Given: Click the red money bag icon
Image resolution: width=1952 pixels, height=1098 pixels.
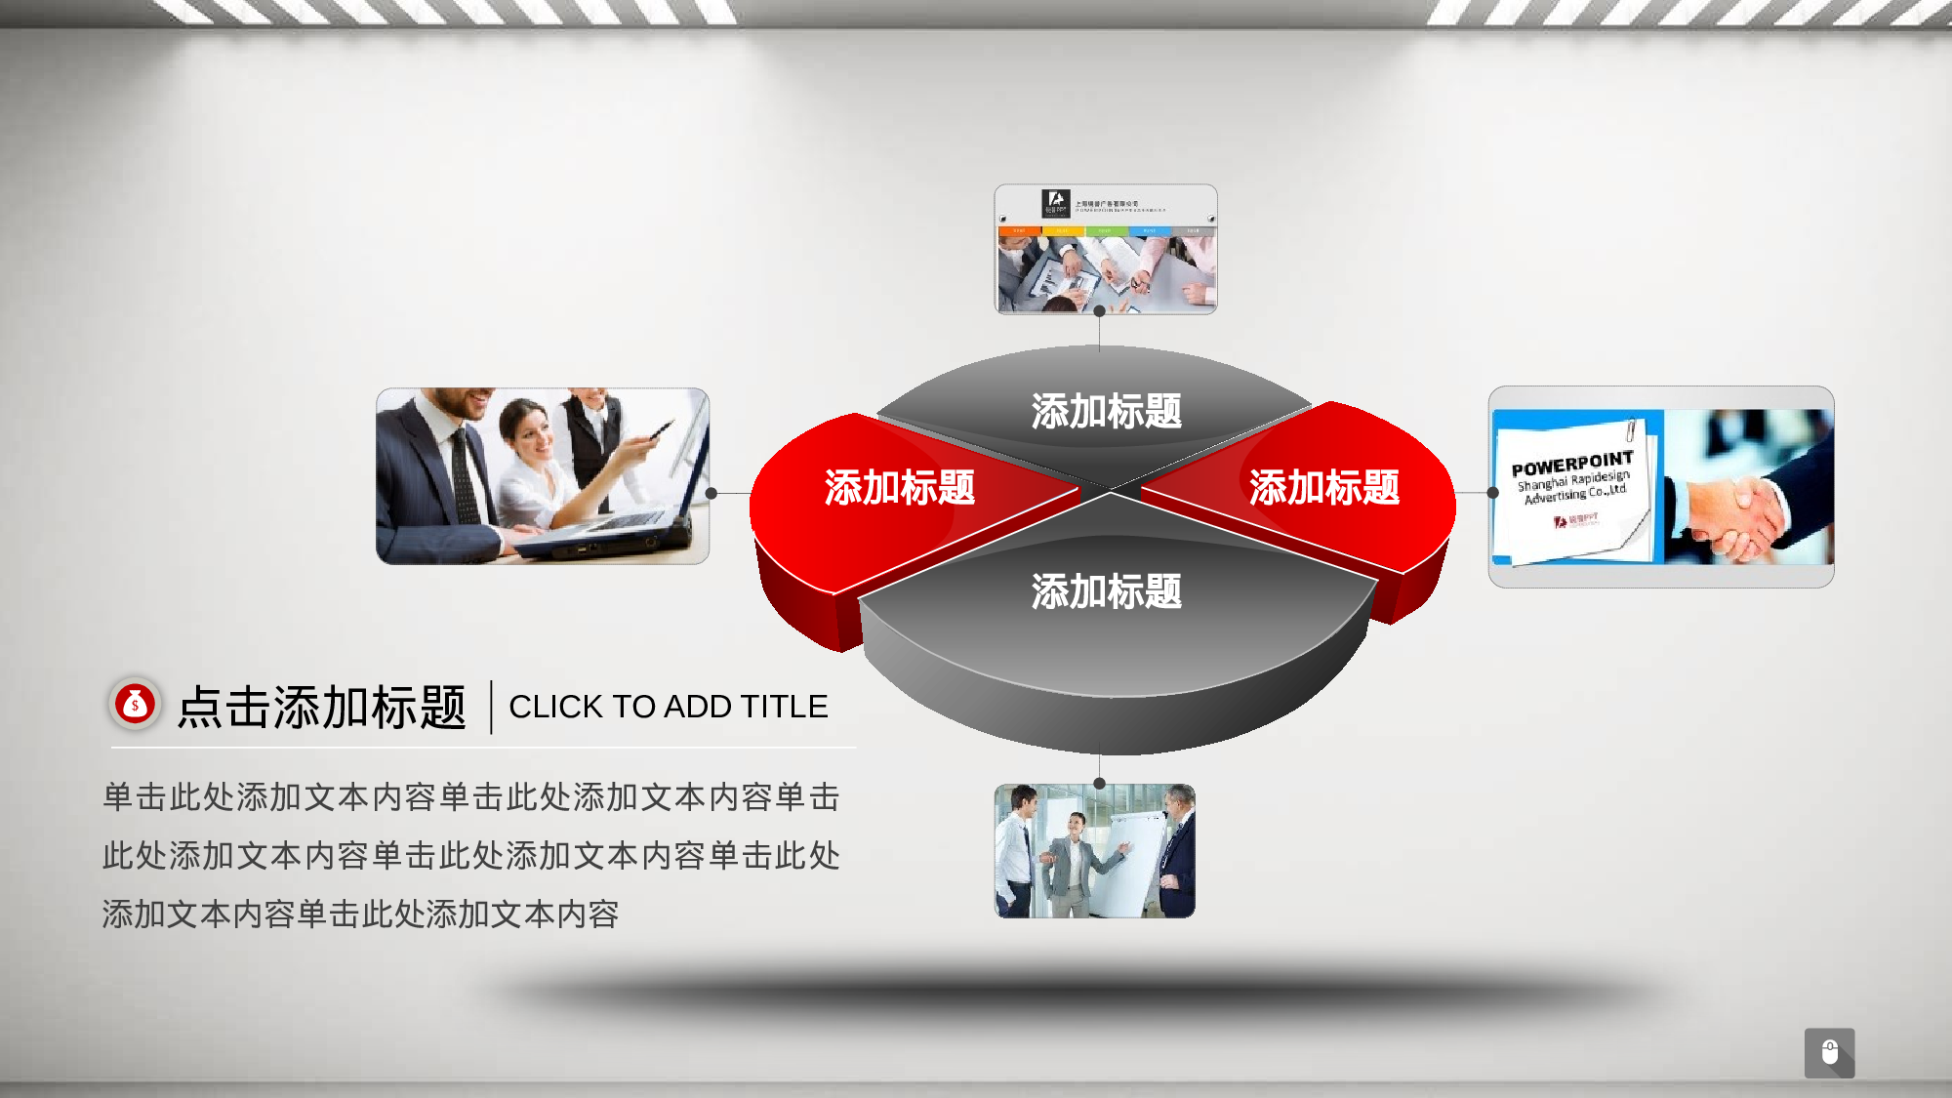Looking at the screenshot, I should pyautogui.click(x=135, y=704).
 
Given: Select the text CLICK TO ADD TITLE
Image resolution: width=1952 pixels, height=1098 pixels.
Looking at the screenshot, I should pyautogui.click(x=668, y=707).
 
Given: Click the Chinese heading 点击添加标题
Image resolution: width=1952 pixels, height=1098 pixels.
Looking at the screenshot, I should pyautogui.click(x=322, y=707).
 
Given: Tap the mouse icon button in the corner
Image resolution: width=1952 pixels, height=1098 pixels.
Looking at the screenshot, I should pyautogui.click(x=1829, y=1052).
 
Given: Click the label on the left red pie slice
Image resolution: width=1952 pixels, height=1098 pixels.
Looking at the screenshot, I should pyautogui.click(x=899, y=487).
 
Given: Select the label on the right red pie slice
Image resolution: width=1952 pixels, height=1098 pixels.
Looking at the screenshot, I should pyautogui.click(x=1323, y=487).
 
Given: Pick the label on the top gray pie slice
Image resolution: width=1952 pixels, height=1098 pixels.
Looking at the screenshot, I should pyautogui.click(x=1106, y=411).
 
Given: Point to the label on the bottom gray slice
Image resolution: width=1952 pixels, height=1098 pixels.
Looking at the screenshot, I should pyautogui.click(x=1106, y=591).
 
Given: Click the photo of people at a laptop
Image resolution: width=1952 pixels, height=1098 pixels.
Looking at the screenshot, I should pyautogui.click(x=542, y=476).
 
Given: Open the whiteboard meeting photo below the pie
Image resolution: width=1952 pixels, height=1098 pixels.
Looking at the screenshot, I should pyautogui.click(x=1094, y=851).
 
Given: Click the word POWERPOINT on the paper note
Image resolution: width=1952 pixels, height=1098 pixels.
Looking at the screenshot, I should pyautogui.click(x=1571, y=464).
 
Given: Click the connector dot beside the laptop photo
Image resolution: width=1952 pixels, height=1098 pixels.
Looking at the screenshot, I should pyautogui.click(x=712, y=494).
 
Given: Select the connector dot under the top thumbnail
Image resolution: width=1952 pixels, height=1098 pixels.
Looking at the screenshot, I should pyautogui.click(x=1099, y=311).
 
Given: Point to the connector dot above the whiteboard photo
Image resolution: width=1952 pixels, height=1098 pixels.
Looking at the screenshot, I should pyautogui.click(x=1099, y=783).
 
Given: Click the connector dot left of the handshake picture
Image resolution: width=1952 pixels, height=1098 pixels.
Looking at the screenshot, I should pyautogui.click(x=1492, y=493).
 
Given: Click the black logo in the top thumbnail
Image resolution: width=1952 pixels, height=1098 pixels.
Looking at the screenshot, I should pyautogui.click(x=1055, y=203).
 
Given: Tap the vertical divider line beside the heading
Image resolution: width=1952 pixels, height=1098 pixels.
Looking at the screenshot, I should pyautogui.click(x=491, y=707).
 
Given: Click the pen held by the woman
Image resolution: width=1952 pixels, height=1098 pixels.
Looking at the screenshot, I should pyautogui.click(x=661, y=429).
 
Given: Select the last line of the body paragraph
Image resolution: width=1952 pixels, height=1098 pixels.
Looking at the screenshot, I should pyautogui.click(x=360, y=915).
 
